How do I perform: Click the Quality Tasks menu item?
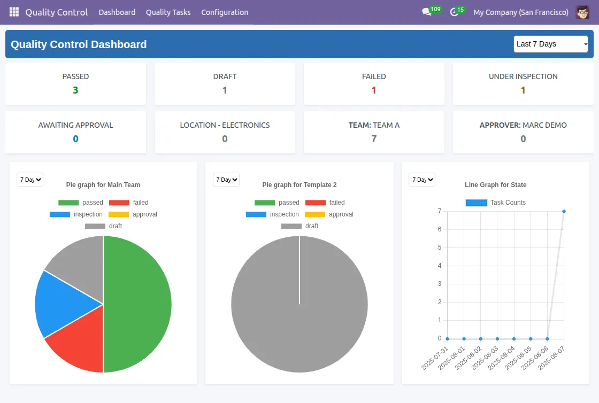[x=168, y=12]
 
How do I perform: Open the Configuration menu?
[x=225, y=12]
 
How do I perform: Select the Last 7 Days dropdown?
[x=550, y=44]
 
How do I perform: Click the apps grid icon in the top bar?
[x=14, y=12]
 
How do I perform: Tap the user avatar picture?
[x=582, y=12]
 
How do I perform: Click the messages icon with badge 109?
[x=427, y=12]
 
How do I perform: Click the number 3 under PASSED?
[x=75, y=90]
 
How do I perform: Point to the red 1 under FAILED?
[x=374, y=90]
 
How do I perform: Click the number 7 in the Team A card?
[x=374, y=139]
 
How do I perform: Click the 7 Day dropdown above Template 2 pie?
[x=226, y=180]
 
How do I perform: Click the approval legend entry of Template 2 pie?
[x=329, y=214]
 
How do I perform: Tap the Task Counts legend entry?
[x=495, y=203]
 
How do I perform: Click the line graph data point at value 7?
[x=564, y=211]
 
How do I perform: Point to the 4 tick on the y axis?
[x=439, y=266]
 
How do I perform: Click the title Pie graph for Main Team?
[x=103, y=185]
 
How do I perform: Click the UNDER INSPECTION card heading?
[x=523, y=76]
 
